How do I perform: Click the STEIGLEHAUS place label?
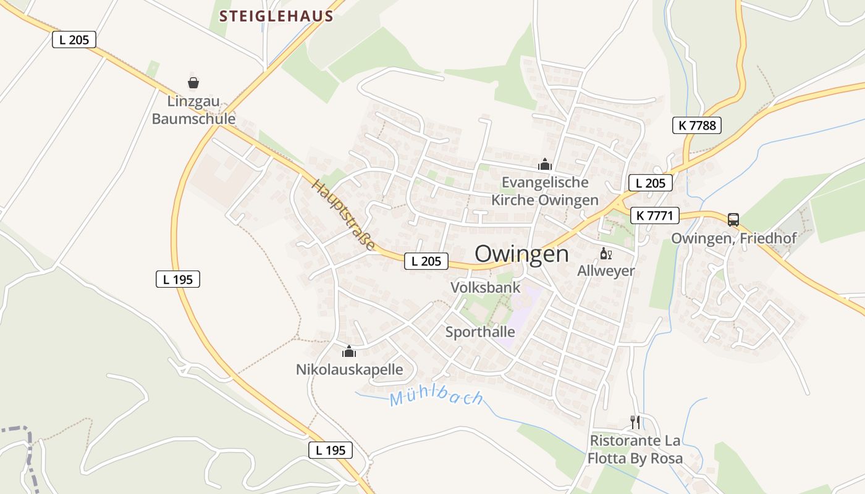[276, 16]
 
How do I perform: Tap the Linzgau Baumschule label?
[193, 110]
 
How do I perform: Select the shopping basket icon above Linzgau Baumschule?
[193, 83]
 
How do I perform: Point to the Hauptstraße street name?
[344, 215]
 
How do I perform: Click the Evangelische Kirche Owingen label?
[544, 191]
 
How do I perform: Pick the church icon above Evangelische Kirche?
[544, 164]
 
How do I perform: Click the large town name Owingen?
[521, 254]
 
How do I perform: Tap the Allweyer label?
[605, 270]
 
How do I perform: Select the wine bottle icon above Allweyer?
[605, 253]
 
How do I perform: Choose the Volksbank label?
[485, 287]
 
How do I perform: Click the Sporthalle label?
[480, 332]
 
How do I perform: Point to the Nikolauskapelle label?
[349, 370]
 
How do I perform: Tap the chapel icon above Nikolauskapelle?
[349, 352]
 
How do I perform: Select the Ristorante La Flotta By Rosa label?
[635, 450]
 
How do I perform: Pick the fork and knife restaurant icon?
[635, 422]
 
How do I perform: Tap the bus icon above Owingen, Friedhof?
[733, 219]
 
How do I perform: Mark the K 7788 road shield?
[697, 125]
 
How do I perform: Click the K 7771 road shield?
[655, 216]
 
